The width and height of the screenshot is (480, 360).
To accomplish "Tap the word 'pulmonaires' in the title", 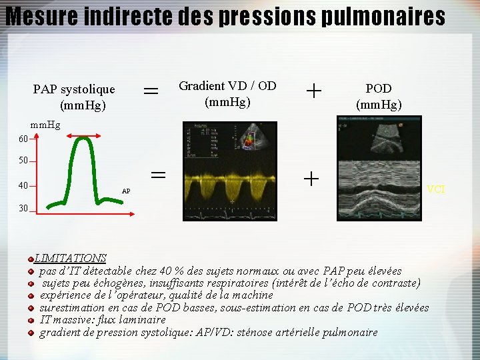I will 383,16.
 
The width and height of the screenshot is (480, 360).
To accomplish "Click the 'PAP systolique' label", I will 74,89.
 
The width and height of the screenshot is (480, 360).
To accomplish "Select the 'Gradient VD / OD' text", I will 227,85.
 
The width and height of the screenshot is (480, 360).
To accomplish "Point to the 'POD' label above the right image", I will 378,88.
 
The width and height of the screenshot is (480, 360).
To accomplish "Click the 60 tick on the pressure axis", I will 23,139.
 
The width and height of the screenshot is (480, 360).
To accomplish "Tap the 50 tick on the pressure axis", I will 23,161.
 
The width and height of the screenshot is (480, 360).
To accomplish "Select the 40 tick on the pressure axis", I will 23,186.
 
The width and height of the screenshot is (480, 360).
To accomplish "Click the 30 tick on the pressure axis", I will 23,209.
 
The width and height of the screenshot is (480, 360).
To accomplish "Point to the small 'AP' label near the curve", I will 126,191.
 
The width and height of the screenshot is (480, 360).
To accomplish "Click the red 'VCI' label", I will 436,190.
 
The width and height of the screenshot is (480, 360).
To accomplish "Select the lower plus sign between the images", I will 311,179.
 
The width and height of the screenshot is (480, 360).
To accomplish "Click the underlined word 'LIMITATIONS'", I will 70,258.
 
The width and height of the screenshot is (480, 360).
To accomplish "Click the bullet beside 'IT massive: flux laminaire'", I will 31,320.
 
